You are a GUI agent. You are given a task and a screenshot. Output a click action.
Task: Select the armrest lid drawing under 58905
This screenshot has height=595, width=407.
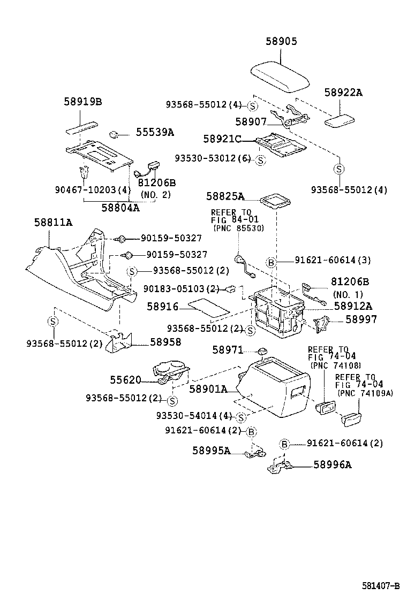[x=281, y=77]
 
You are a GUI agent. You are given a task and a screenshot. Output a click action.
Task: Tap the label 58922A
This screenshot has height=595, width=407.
[x=343, y=93]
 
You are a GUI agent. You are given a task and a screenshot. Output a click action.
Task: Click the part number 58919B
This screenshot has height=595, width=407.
[x=83, y=102]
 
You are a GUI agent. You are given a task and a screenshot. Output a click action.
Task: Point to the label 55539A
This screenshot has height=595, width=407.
[x=154, y=132]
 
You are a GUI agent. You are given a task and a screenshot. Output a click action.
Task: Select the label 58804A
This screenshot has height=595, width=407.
[x=120, y=208]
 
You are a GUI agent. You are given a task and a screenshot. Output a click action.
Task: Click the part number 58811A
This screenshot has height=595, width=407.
[x=53, y=222]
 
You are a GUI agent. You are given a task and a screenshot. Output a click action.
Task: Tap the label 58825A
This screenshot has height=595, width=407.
[x=225, y=196]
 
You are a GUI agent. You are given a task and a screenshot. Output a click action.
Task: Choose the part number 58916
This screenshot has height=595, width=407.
[x=161, y=307]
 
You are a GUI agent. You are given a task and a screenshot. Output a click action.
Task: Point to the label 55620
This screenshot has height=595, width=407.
[x=125, y=380]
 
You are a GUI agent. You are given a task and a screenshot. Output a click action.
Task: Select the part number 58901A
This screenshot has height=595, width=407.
[x=208, y=390]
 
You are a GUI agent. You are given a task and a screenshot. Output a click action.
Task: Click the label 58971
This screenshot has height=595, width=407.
[x=228, y=350]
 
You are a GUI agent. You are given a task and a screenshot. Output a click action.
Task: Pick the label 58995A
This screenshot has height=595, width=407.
[x=212, y=451]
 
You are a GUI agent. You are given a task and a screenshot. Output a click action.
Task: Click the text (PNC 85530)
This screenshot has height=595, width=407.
[x=238, y=228]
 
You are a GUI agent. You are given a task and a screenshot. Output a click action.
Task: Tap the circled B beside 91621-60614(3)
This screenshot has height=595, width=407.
[x=272, y=261]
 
